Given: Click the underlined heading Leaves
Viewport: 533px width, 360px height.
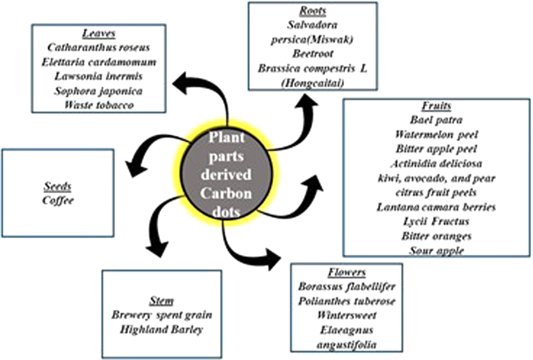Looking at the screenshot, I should (x=99, y=33).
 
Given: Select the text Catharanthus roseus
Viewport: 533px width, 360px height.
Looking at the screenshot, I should (x=99, y=47).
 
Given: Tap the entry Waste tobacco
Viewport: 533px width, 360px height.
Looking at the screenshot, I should (x=99, y=105).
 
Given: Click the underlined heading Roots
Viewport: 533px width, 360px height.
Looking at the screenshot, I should (x=312, y=11).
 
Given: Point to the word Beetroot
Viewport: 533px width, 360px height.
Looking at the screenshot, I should (x=312, y=54).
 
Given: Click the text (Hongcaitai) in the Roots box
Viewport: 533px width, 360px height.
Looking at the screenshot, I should (x=312, y=83).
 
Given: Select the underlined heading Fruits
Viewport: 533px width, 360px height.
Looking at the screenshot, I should (x=436, y=106).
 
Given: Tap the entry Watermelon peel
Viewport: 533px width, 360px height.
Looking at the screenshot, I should (x=436, y=134).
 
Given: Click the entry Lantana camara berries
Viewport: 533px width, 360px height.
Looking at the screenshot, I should (x=436, y=207).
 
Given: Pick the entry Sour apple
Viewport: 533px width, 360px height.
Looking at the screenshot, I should (x=436, y=250).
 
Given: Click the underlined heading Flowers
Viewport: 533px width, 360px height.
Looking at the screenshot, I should (x=347, y=272).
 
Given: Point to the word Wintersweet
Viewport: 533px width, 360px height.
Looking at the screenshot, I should (x=347, y=315).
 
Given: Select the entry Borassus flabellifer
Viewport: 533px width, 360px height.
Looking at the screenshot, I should (x=347, y=286).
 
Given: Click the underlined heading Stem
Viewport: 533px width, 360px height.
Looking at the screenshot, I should (x=162, y=301).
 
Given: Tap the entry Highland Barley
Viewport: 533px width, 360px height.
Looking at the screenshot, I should (x=162, y=329).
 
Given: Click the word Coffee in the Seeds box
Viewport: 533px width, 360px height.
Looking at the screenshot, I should (x=58, y=200).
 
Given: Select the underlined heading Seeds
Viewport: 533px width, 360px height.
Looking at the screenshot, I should (x=58, y=186).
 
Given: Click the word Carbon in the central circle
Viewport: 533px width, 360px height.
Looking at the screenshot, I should (x=226, y=193).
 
